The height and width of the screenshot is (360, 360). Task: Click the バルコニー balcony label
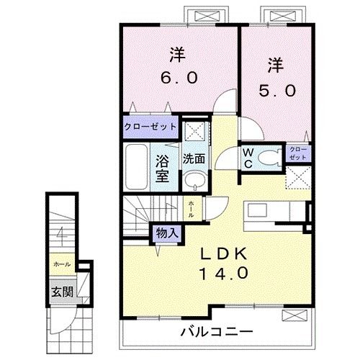(x=216, y=333)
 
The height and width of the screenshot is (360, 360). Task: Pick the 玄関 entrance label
(x=60, y=292)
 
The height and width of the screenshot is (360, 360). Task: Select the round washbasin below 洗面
(x=192, y=180)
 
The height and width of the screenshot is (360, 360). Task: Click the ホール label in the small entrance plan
(x=60, y=265)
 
